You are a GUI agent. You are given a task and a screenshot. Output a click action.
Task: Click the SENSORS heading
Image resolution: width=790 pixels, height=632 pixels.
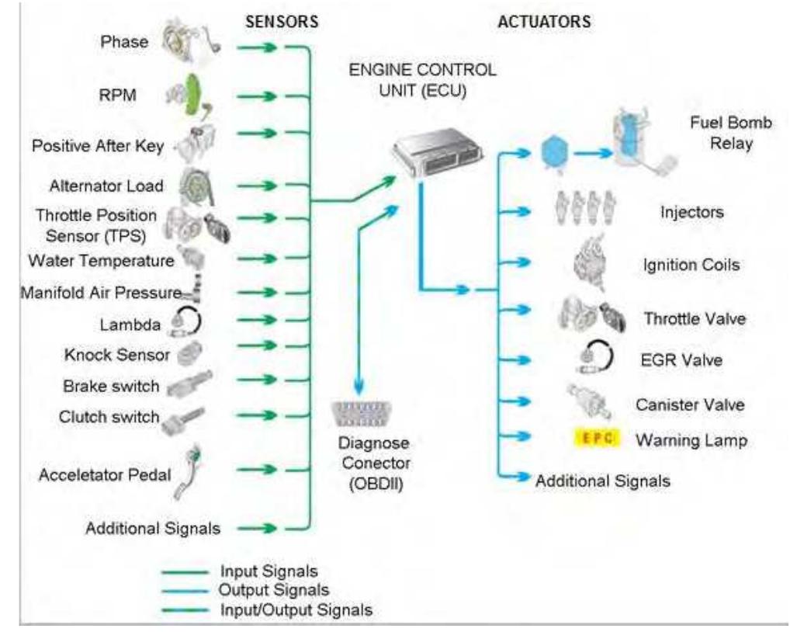click(281, 23)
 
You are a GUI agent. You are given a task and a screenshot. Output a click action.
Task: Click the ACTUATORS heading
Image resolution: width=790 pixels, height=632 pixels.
click(543, 23)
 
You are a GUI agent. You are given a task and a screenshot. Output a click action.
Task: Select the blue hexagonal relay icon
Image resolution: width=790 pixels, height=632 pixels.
click(554, 153)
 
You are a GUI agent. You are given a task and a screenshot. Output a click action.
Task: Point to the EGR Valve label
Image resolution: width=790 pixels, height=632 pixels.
click(683, 361)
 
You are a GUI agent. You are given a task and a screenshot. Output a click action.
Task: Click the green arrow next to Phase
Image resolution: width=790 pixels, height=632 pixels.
click(258, 49)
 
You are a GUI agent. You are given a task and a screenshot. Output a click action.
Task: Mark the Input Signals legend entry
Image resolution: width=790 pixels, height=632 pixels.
click(263, 572)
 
